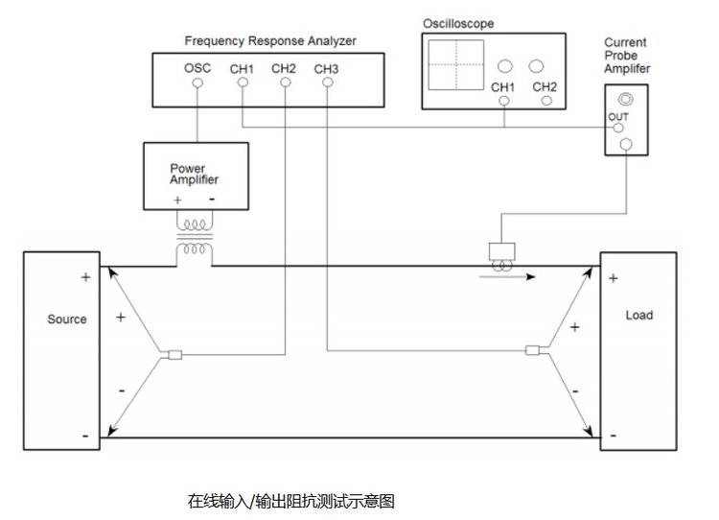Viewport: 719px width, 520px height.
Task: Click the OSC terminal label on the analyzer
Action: click(x=197, y=69)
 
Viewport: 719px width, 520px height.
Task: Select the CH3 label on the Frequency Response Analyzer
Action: click(x=326, y=69)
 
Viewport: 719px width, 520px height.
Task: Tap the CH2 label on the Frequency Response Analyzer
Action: click(x=284, y=69)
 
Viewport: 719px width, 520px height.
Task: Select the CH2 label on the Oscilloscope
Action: click(x=545, y=87)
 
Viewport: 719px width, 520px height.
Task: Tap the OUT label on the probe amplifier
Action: click(x=617, y=117)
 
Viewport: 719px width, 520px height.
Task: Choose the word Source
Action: click(x=67, y=319)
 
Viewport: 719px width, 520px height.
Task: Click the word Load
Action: click(x=638, y=316)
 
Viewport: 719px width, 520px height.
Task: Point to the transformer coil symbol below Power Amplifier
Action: click(x=197, y=238)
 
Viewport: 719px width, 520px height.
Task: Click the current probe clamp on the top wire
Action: click(x=503, y=252)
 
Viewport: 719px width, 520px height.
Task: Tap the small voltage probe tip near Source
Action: click(x=174, y=357)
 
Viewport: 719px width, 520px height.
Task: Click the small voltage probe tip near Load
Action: click(x=533, y=351)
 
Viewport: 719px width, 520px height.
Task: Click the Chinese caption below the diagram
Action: click(x=290, y=501)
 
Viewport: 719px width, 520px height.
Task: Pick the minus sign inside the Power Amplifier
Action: click(x=212, y=200)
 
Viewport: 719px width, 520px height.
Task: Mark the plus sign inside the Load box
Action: click(x=613, y=279)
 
